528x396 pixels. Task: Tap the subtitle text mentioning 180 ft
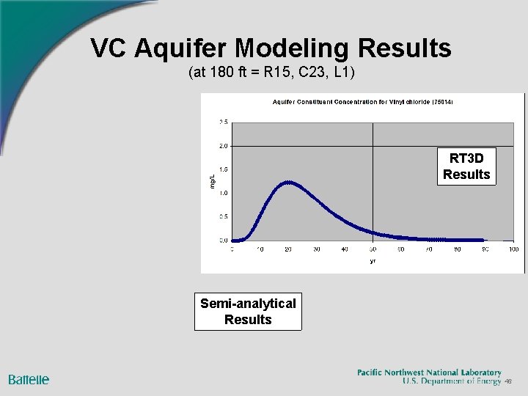click(x=271, y=73)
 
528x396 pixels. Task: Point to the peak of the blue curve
click(x=289, y=182)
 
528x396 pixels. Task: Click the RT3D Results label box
click(x=466, y=166)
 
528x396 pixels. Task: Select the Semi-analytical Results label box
click(x=248, y=312)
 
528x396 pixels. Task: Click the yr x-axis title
click(x=373, y=260)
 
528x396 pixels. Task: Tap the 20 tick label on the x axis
click(x=288, y=249)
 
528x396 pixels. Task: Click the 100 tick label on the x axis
click(x=513, y=249)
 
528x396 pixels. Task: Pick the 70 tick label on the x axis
click(x=429, y=249)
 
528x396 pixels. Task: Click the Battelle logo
click(x=29, y=379)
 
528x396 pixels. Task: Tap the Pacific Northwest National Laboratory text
click(x=429, y=373)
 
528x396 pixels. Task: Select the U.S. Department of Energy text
click(x=452, y=381)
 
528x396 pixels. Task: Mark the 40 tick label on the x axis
click(x=345, y=249)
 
